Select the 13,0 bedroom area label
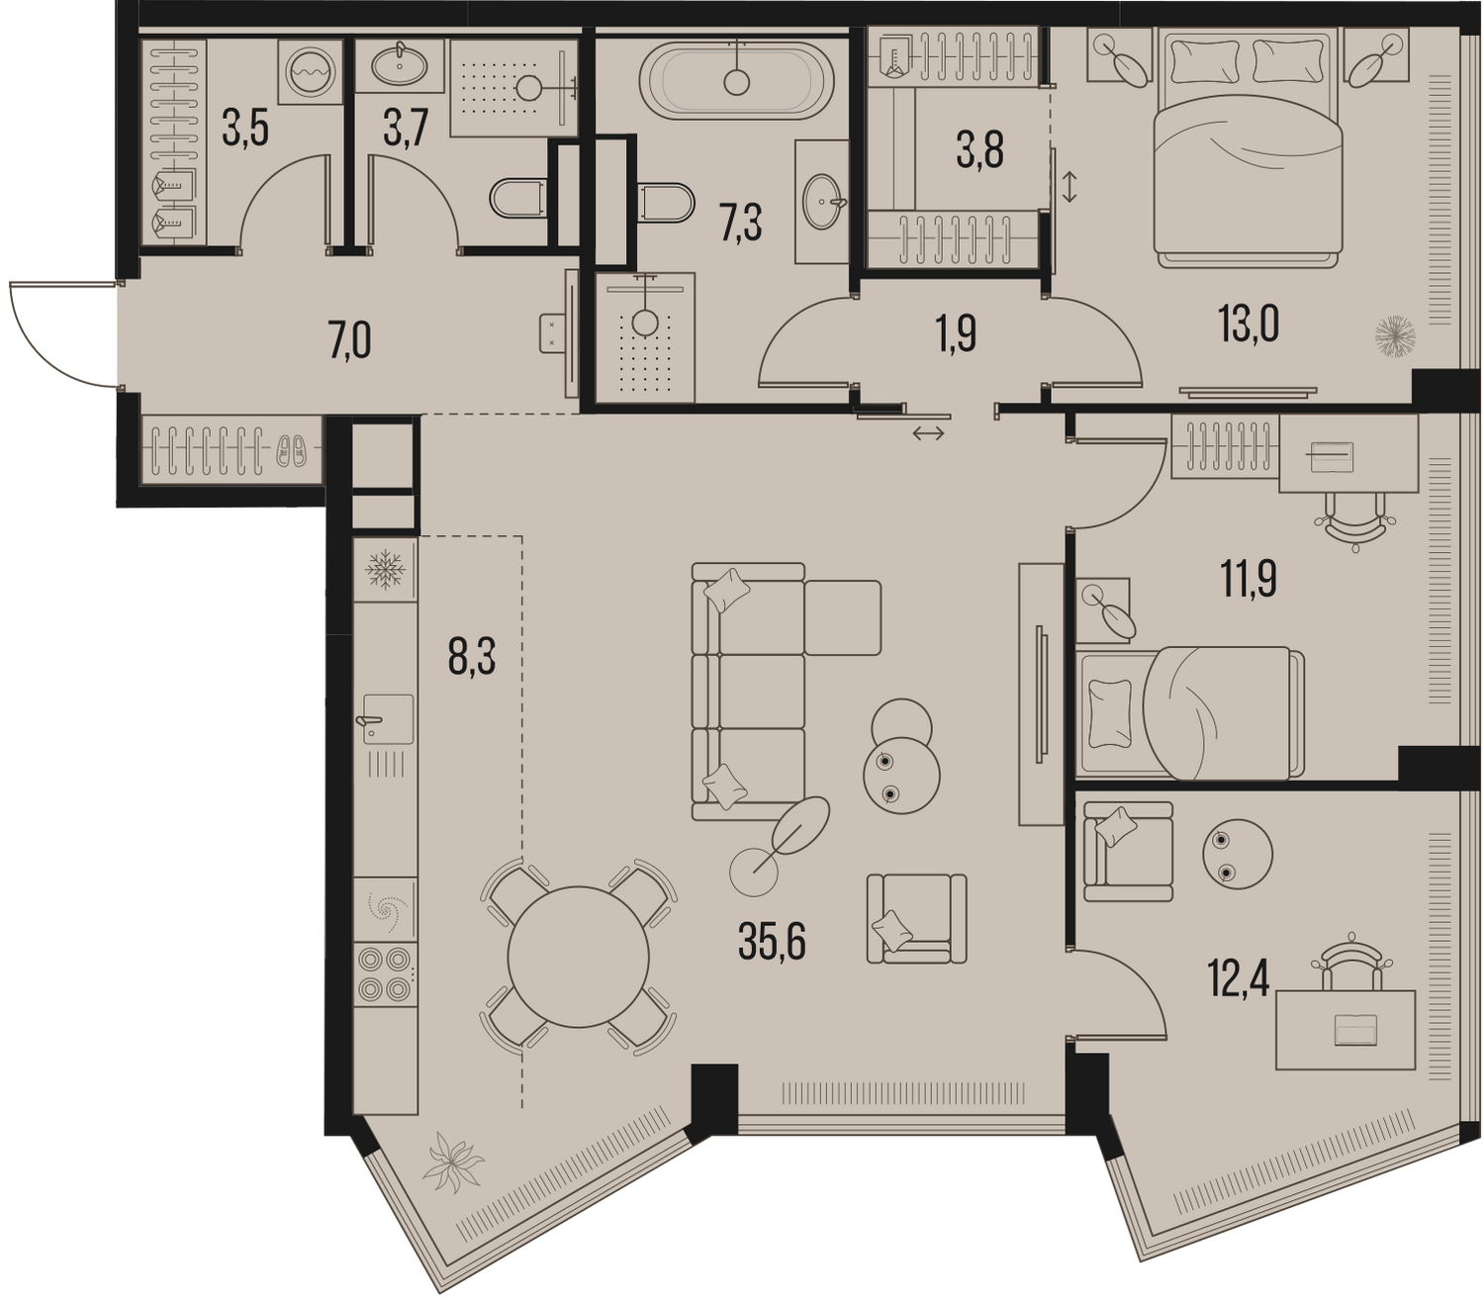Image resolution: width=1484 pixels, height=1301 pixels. [x=1249, y=325]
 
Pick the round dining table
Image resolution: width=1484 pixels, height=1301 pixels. [x=578, y=957]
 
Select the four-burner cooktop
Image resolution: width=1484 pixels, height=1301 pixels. [x=385, y=975]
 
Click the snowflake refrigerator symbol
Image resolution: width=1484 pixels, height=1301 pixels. [x=385, y=569]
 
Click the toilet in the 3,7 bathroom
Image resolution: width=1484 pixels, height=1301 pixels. [x=517, y=199]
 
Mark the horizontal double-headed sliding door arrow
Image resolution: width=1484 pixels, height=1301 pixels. [x=929, y=433]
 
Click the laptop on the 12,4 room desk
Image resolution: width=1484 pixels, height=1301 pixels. [x=1355, y=1030]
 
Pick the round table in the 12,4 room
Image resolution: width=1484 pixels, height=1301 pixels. [x=1238, y=854]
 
